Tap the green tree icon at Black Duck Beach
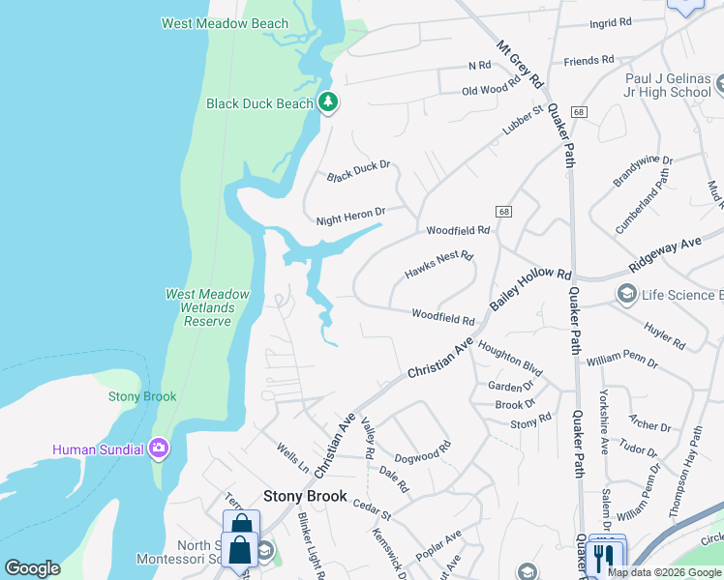click(328, 102)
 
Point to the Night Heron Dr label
click(351, 217)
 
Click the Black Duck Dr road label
click(358, 171)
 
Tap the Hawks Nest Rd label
click(438, 265)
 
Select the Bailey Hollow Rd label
click(531, 289)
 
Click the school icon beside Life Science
click(627, 294)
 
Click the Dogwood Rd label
click(423, 452)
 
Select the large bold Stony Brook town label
click(305, 496)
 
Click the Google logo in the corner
click(32, 568)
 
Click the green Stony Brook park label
click(136, 396)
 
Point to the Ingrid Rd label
click(610, 21)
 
